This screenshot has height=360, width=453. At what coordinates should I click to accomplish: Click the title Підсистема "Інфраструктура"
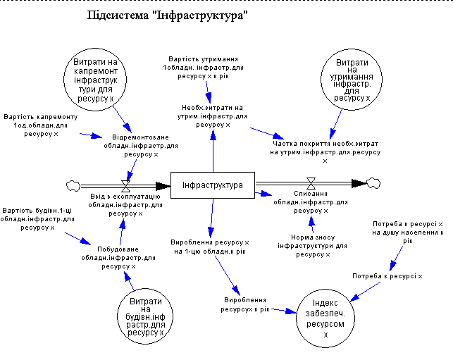click(x=168, y=15)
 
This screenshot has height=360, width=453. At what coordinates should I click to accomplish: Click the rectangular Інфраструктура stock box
click(x=212, y=185)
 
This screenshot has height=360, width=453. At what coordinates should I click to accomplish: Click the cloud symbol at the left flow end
click(x=71, y=185)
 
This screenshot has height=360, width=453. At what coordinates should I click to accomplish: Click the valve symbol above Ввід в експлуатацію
click(x=127, y=185)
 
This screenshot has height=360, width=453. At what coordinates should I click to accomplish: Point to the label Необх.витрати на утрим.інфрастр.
click(x=213, y=116)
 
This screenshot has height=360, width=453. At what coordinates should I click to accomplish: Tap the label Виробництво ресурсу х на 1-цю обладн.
click(x=211, y=245)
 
